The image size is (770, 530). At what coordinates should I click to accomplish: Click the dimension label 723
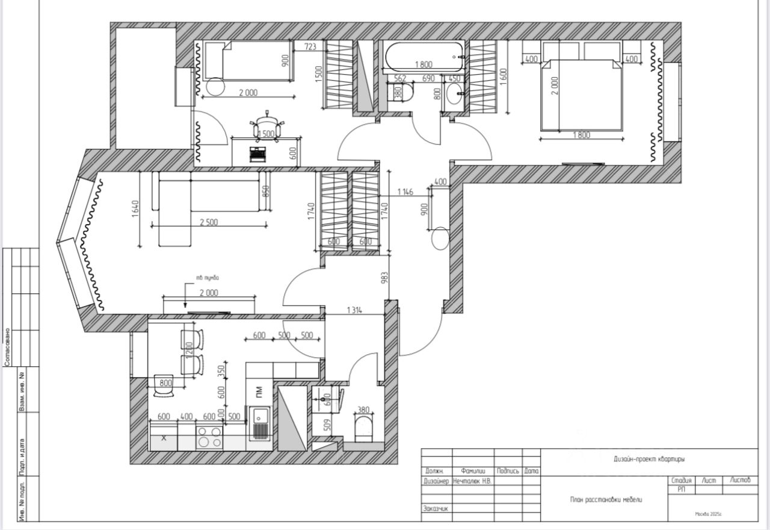coord(310,46)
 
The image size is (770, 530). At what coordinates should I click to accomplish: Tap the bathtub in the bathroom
coord(423,57)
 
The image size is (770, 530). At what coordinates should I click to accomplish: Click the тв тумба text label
coord(207,278)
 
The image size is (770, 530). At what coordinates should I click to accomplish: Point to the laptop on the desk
coord(259,155)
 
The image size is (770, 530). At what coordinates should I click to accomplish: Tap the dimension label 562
coord(400,78)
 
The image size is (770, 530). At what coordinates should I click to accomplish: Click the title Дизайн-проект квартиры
coord(649,459)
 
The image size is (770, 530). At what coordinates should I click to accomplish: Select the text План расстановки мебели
coord(606,499)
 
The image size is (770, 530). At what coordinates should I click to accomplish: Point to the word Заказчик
coord(437,508)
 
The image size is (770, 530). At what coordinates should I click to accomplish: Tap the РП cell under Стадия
coord(681,489)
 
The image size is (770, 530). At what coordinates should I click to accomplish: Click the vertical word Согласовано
coord(7,346)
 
